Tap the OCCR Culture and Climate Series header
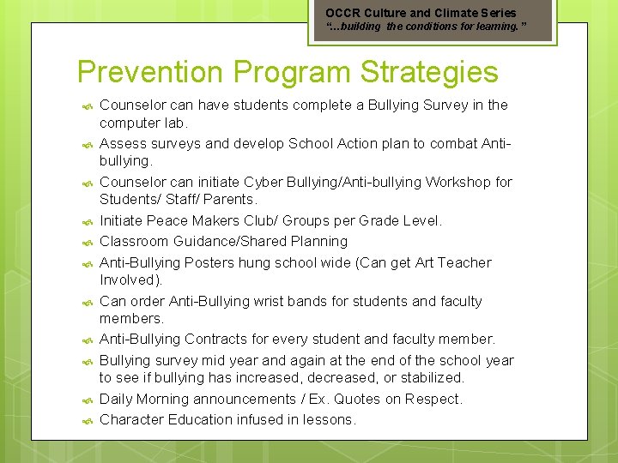[x=421, y=13]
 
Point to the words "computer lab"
[x=142, y=123]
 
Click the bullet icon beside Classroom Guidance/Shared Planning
[x=87, y=243]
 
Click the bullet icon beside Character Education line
[x=87, y=421]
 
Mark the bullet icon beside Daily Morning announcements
[x=87, y=400]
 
